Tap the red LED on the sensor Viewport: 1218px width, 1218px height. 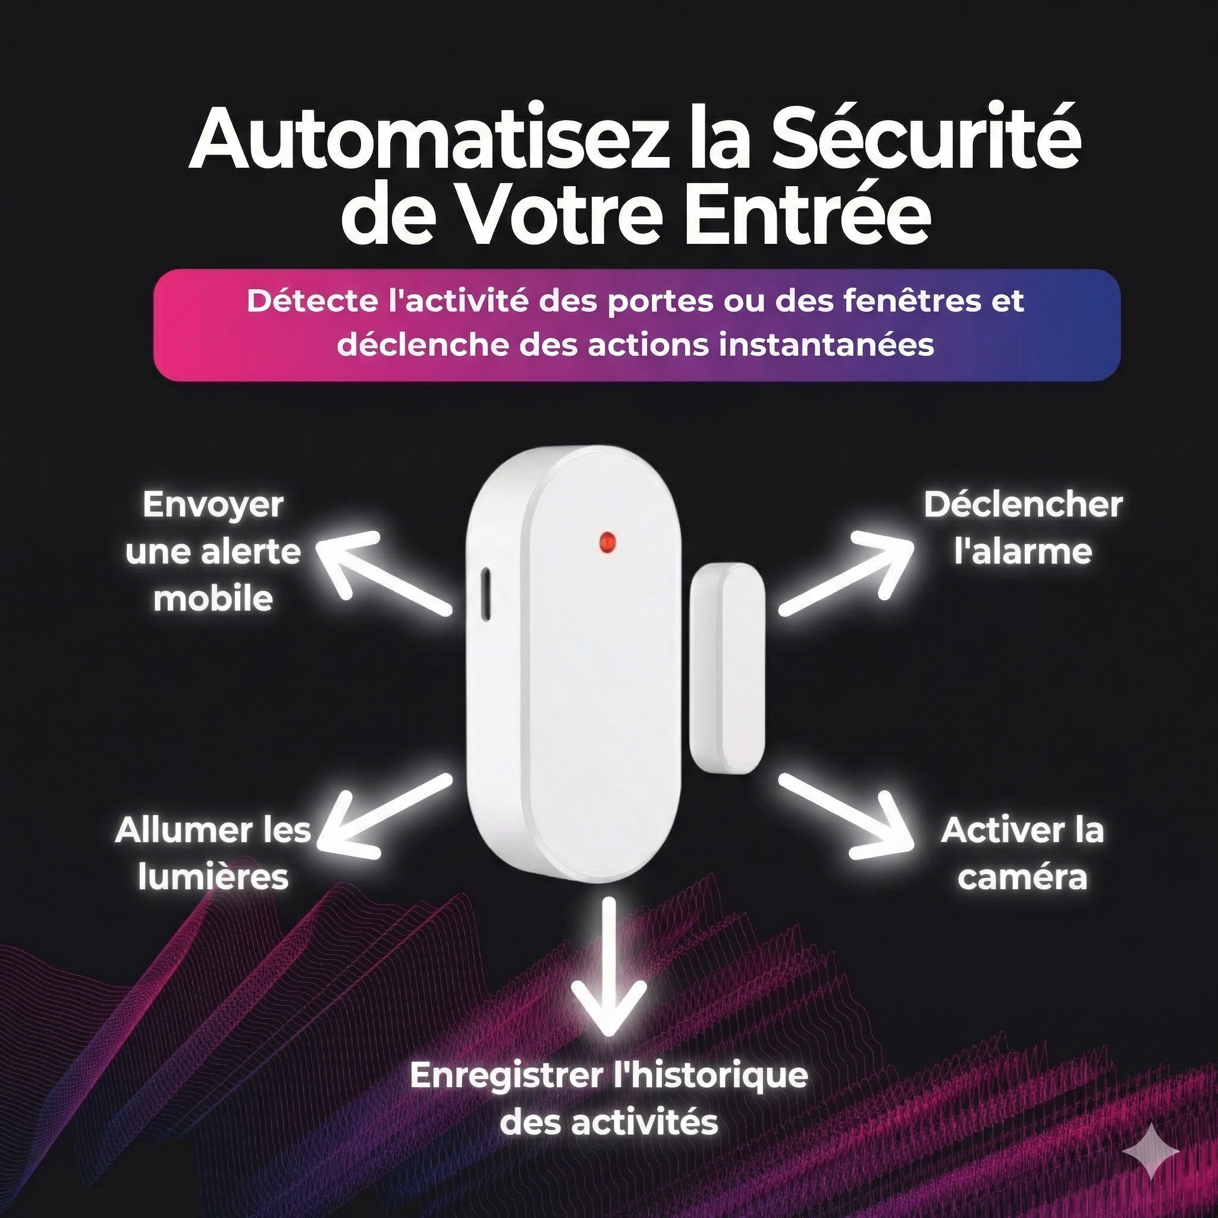point(607,539)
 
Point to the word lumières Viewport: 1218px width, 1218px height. point(213,878)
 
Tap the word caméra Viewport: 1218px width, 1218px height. point(1022,878)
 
